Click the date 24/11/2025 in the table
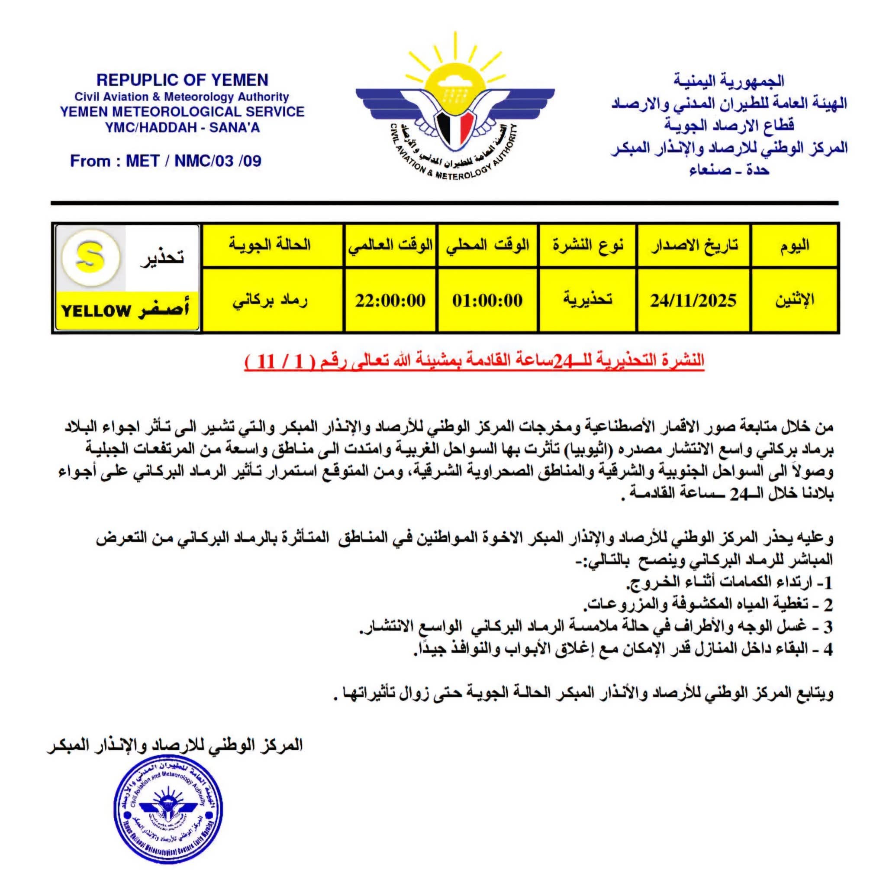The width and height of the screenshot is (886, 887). click(x=693, y=301)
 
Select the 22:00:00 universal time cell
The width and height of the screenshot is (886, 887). click(x=390, y=301)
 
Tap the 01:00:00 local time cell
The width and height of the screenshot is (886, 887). click(x=487, y=301)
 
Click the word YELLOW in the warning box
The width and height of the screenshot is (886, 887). click(x=97, y=311)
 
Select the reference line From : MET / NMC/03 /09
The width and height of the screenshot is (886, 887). click(x=166, y=161)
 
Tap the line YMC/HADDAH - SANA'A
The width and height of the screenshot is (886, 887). click(x=182, y=128)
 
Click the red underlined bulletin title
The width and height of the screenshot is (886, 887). click(x=474, y=361)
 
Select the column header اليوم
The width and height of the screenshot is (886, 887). click(x=795, y=245)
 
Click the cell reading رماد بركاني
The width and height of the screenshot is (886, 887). click(x=270, y=301)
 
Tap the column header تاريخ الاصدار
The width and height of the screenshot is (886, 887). click(x=694, y=245)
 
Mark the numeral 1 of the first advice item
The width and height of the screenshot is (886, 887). click(x=827, y=583)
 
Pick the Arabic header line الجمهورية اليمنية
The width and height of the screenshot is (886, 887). click(x=728, y=81)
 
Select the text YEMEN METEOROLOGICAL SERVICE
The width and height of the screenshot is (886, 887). click(x=182, y=112)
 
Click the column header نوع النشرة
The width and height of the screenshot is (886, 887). click(x=588, y=245)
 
